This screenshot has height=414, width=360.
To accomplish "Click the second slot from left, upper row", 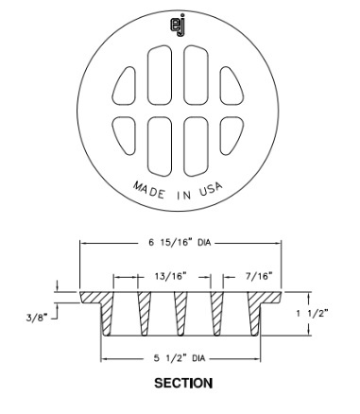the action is click(x=158, y=78).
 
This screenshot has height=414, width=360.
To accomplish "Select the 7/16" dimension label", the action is click(x=255, y=277).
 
